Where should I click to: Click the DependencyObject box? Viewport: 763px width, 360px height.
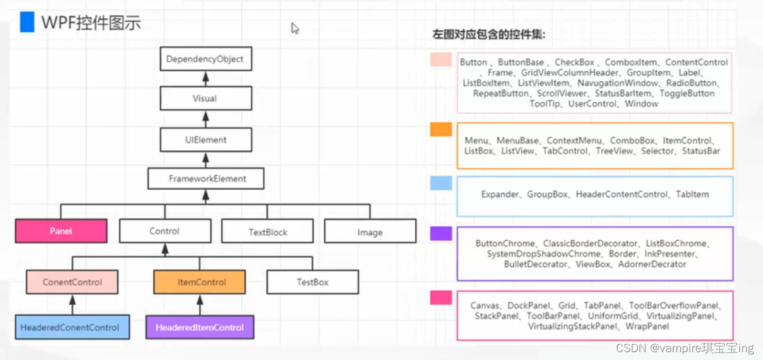point(205,60)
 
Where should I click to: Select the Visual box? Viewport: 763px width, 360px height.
point(205,99)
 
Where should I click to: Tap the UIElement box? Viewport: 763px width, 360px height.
point(205,140)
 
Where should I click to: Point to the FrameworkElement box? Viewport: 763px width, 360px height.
point(205,179)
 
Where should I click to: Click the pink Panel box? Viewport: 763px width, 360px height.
point(61,231)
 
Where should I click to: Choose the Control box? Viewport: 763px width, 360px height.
point(165,231)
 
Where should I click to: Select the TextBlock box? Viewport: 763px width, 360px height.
point(268,232)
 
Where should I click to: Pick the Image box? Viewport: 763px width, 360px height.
point(370,232)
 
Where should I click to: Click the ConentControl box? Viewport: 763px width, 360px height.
point(72,282)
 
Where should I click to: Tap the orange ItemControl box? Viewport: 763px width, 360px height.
point(199,282)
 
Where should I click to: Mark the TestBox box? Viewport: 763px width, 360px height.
point(312,282)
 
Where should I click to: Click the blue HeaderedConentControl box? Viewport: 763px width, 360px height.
point(70,327)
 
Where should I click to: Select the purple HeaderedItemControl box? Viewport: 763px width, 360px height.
point(199,327)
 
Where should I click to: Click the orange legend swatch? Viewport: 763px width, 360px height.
point(441,129)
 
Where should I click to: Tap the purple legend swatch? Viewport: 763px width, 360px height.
point(441,234)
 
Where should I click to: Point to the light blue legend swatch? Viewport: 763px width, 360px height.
point(441,183)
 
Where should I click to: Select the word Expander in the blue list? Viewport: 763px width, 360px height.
point(499,195)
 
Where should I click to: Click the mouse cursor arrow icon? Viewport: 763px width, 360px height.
point(295,28)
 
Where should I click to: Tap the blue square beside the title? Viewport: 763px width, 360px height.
point(27,22)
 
